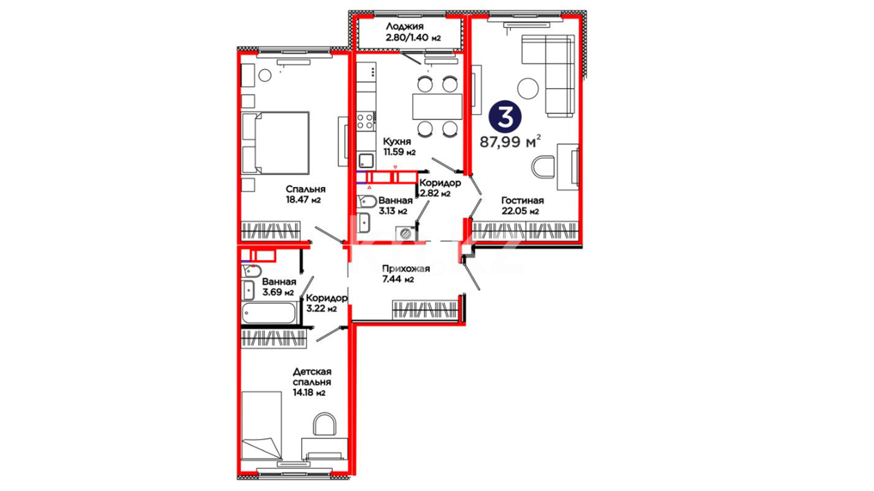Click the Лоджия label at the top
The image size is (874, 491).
coord(404,26)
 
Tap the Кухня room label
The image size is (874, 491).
coord(397,141)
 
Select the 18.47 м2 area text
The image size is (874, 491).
coord(303,200)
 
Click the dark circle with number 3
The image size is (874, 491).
coord(505,117)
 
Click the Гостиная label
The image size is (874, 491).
coord(523,200)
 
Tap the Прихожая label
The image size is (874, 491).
coord(406,269)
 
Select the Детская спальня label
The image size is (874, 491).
coord(312,377)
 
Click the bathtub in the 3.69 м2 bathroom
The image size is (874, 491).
coord(269,313)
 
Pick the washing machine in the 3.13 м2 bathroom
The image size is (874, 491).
coord(405,234)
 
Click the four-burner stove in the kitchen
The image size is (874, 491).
coord(366,121)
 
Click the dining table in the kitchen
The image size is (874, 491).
coord(437,106)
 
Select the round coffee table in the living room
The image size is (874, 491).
coord(528,88)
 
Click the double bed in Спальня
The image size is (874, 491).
coord(275,143)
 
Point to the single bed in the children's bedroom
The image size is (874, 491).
coord(261,426)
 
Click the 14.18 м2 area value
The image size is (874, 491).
coord(309,393)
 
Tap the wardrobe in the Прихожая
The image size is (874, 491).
coord(425,310)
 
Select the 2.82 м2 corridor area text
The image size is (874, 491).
coord(435,194)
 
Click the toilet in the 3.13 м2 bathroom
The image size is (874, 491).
coord(366,202)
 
